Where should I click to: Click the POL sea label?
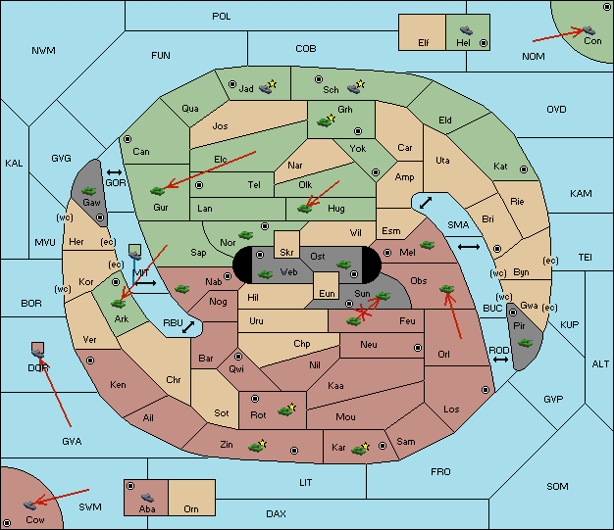222,17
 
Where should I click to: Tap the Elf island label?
424,43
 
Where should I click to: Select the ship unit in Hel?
466,30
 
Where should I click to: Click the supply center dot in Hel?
484,43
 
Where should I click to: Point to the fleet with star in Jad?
268,87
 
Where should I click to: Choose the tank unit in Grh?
326,120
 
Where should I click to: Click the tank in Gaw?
89,191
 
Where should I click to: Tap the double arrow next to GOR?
115,172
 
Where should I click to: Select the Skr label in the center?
286,253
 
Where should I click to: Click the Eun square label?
327,293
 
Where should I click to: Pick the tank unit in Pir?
525,343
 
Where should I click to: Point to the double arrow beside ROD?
500,360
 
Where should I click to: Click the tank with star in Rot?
286,410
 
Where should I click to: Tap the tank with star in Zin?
257,446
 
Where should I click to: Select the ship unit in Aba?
147,497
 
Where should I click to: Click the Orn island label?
191,508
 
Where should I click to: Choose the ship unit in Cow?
30,505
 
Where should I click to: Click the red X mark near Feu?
363,313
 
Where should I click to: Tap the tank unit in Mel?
428,245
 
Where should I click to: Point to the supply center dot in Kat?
524,169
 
